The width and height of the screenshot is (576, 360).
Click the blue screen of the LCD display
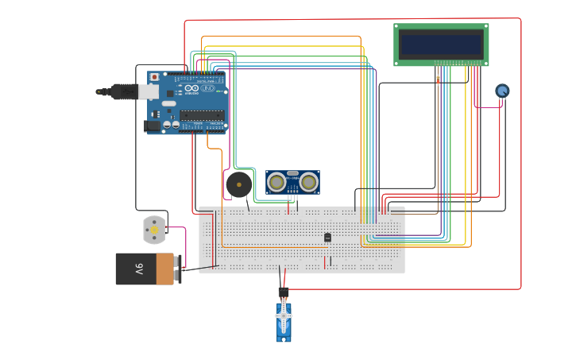(441, 44)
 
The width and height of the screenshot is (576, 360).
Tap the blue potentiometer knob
(502, 91)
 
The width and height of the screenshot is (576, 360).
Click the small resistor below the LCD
(438, 79)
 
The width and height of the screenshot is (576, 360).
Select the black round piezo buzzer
(238, 184)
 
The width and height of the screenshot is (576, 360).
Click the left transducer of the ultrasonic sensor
(277, 182)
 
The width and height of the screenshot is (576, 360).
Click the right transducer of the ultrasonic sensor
(308, 182)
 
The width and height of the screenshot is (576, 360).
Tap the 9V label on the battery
(138, 269)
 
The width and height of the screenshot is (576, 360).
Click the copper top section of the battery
(164, 269)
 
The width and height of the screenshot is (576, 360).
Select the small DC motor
(154, 230)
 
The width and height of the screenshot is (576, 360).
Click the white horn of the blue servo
(284, 316)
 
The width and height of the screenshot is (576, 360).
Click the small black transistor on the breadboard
(327, 237)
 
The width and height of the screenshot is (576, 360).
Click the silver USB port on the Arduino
(149, 91)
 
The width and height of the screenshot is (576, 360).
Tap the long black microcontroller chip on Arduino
(201, 115)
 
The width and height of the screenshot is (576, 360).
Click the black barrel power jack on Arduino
(151, 125)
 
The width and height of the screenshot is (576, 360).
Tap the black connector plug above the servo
(283, 292)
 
